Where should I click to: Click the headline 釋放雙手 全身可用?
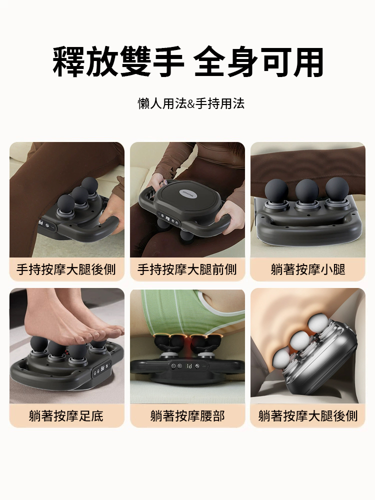tap(188, 62)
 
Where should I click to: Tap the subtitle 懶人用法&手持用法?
tap(191, 103)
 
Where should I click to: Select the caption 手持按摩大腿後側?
tap(66, 269)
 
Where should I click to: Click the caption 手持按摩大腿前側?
tap(187, 269)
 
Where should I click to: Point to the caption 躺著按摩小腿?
tap(308, 269)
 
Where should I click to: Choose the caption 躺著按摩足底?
tap(66, 416)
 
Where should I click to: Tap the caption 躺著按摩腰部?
tap(187, 416)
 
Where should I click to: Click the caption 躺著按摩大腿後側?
tap(308, 416)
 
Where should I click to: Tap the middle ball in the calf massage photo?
tap(307, 190)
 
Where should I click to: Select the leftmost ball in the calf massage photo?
tap(276, 190)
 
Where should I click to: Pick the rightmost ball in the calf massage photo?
tap(337, 189)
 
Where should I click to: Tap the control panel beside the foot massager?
tap(102, 370)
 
